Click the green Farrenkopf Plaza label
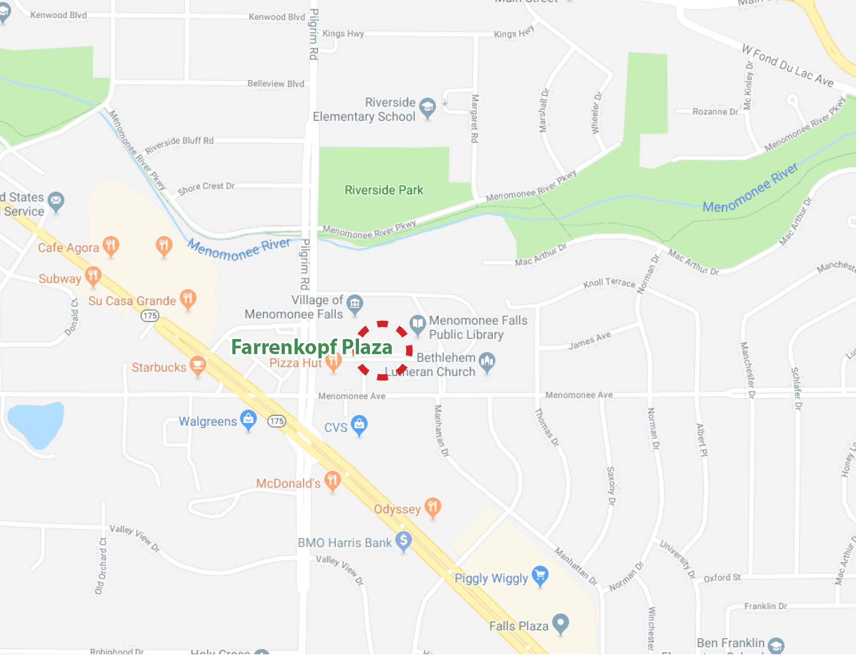point(311,347)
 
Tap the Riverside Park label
point(384,190)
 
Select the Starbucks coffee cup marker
point(198,365)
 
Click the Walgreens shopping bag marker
point(248,419)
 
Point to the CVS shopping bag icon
point(359,425)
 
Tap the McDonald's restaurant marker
point(333,481)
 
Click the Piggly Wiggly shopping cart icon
point(540,575)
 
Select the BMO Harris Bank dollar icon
point(404,541)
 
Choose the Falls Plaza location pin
point(560,623)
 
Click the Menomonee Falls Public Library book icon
point(418,325)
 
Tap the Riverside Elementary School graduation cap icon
point(427,107)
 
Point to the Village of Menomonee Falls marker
point(355,304)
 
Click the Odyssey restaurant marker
point(433,507)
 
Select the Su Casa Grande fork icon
point(188,299)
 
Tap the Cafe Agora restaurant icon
point(111,245)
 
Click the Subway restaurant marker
point(93,276)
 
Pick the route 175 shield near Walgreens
point(277,421)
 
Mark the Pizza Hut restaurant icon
point(334,361)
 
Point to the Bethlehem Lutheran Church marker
point(487,361)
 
